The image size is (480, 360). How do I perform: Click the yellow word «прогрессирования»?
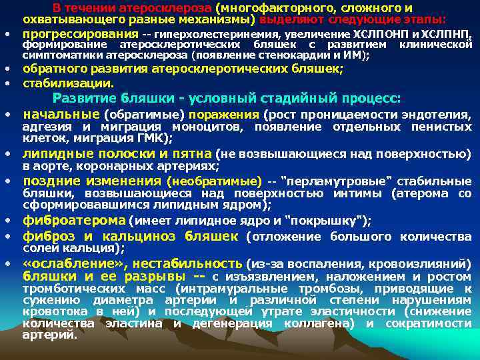74,33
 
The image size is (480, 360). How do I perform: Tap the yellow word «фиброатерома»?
74,221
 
